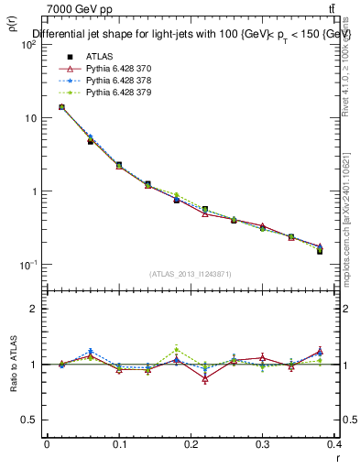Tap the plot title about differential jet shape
point(192,36)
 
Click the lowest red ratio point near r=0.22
point(205,378)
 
